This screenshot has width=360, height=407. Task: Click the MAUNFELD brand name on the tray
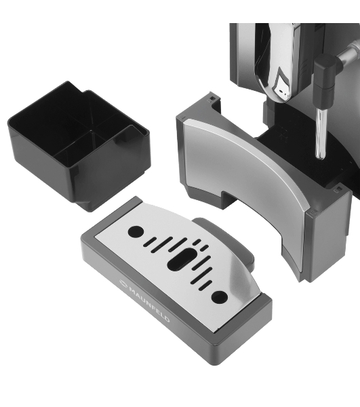coord(149,302)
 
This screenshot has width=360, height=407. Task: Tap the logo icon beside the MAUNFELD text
coord(123,283)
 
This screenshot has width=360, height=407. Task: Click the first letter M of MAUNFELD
coord(132,289)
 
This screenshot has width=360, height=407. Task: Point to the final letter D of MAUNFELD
coord(166,319)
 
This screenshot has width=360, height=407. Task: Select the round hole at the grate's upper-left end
coord(136,231)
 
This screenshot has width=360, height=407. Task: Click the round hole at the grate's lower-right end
coord(220,297)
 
